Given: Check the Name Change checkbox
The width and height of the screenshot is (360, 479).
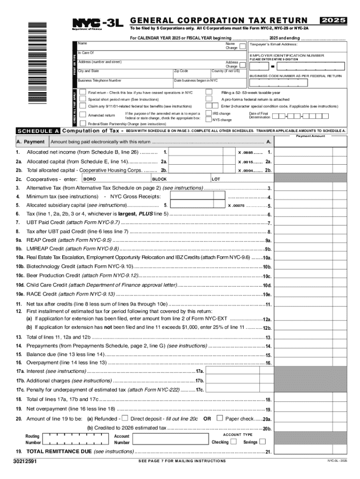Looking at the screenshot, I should tap(242, 46).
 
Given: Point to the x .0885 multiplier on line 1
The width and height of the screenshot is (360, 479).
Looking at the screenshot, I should tap(247, 152).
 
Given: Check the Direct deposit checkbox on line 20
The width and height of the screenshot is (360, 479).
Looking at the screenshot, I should tap(125, 419).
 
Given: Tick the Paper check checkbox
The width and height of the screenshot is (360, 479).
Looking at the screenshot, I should tap(220, 419).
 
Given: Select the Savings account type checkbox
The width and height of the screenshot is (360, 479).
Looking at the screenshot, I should tap(263, 442).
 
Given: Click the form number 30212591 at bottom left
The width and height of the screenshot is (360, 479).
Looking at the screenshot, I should tap(26, 461).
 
